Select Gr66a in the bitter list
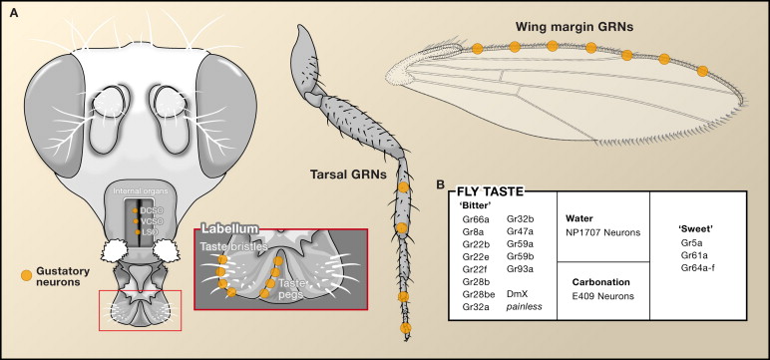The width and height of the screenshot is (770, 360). click(476, 217)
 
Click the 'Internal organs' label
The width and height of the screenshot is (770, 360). click(146, 187)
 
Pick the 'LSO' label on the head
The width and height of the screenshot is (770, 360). click(149, 231)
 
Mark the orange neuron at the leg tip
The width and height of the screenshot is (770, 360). click(405, 328)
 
